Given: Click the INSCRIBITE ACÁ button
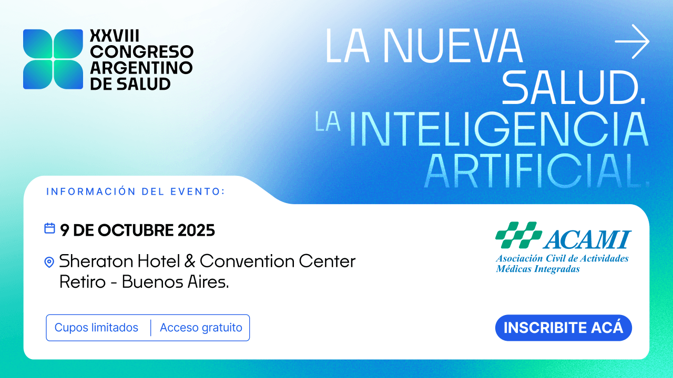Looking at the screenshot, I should [x=563, y=328].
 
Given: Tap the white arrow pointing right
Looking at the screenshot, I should [x=632, y=41].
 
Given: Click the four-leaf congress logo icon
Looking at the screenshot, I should [x=53, y=59].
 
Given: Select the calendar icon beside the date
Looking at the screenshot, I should [x=49, y=228].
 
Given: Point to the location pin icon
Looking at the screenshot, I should [x=49, y=262].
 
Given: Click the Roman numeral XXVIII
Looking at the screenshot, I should [x=114, y=36].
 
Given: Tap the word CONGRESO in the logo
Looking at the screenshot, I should [x=141, y=52].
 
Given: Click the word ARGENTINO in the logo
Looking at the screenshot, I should [x=141, y=68].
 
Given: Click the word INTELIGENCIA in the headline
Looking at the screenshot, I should [x=498, y=129].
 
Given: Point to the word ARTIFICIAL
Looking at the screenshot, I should [x=536, y=171].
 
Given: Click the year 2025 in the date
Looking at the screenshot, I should [x=196, y=230].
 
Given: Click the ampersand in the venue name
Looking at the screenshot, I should [x=190, y=261].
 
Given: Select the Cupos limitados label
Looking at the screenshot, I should [x=96, y=328].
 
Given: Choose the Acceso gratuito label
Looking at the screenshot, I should [x=201, y=328].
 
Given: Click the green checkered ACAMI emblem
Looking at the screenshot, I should [x=518, y=235].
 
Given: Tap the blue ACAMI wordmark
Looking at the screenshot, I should [x=587, y=240].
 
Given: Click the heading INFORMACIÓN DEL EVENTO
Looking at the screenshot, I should [x=136, y=191].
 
